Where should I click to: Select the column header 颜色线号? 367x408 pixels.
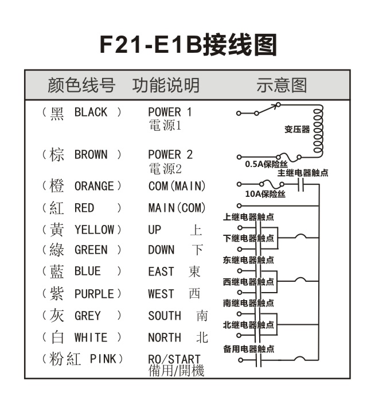(81, 86)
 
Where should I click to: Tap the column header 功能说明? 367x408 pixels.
(166, 86)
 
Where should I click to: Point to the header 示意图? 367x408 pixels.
(282, 86)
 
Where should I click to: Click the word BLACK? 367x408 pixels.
(91, 112)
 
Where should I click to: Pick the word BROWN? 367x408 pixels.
(91, 155)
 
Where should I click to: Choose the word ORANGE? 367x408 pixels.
(94, 186)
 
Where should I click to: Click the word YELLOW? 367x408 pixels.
(94, 230)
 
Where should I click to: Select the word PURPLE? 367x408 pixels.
(94, 294)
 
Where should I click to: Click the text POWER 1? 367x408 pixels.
(170, 112)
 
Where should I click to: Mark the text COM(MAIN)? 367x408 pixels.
(177, 186)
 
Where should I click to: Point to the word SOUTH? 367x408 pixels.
(165, 316)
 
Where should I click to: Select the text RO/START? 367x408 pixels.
(174, 360)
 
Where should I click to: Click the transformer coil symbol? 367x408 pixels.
(319, 130)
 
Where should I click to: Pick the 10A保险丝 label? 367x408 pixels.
(265, 194)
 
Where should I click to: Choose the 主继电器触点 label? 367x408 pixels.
(303, 173)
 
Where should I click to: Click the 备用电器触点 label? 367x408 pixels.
(248, 348)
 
